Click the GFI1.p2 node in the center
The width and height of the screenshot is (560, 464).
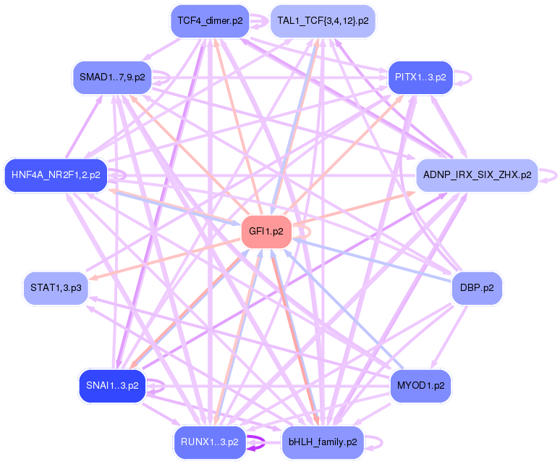pyautogui.click(x=266, y=232)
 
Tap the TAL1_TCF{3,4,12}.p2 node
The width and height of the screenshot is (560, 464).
pyautogui.click(x=323, y=21)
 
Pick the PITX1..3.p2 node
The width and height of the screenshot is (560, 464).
pyautogui.click(x=420, y=77)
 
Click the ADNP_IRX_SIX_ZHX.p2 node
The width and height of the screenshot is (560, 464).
pyautogui.click(x=477, y=175)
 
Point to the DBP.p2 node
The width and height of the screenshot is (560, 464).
pyautogui.click(x=476, y=287)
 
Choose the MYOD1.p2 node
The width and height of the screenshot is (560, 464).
pyautogui.click(x=420, y=385)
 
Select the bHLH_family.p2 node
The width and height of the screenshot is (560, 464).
pyautogui.click(x=323, y=442)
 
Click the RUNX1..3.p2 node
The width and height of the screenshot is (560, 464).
pyautogui.click(x=210, y=442)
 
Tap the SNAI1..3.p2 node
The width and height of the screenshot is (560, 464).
pyautogui.click(x=112, y=385)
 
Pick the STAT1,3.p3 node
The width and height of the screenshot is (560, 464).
pyautogui.click(x=56, y=287)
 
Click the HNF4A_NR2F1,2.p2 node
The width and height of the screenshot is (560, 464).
pyautogui.click(x=56, y=175)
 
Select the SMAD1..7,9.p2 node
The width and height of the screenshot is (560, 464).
pyautogui.click(x=112, y=77)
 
